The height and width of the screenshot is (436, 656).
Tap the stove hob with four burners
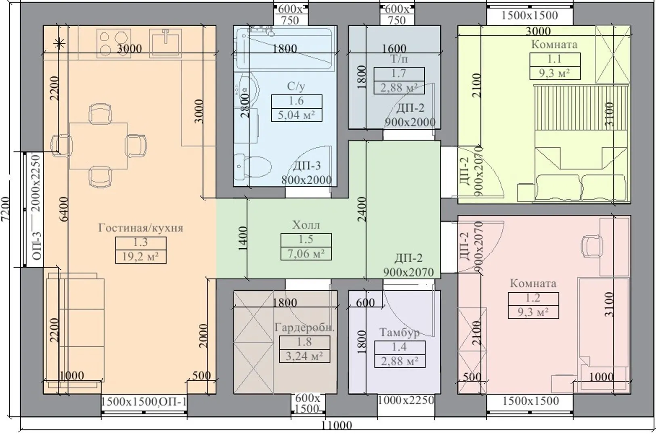tap(113, 43)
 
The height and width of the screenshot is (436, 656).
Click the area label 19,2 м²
tap(140, 257)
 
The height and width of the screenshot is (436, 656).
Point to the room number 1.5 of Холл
tap(306, 239)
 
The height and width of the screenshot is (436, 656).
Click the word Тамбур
tap(400, 332)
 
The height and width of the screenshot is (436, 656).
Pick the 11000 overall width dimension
tap(337, 425)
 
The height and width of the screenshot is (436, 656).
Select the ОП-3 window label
tap(37, 246)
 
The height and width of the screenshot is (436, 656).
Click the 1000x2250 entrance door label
tap(406, 400)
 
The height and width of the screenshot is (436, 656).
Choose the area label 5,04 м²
tap(296, 115)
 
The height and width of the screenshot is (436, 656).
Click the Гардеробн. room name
tap(304, 327)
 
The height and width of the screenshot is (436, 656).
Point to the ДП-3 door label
tap(307, 166)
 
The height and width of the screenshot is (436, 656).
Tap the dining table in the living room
tap(98, 146)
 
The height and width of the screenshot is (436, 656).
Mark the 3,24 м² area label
tap(304, 356)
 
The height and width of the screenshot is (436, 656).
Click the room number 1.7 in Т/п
tap(399, 73)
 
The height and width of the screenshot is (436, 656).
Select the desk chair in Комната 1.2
tap(592, 246)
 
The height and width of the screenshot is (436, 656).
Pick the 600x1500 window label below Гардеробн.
tap(308, 403)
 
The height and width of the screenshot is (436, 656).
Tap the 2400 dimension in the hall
tap(362, 209)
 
